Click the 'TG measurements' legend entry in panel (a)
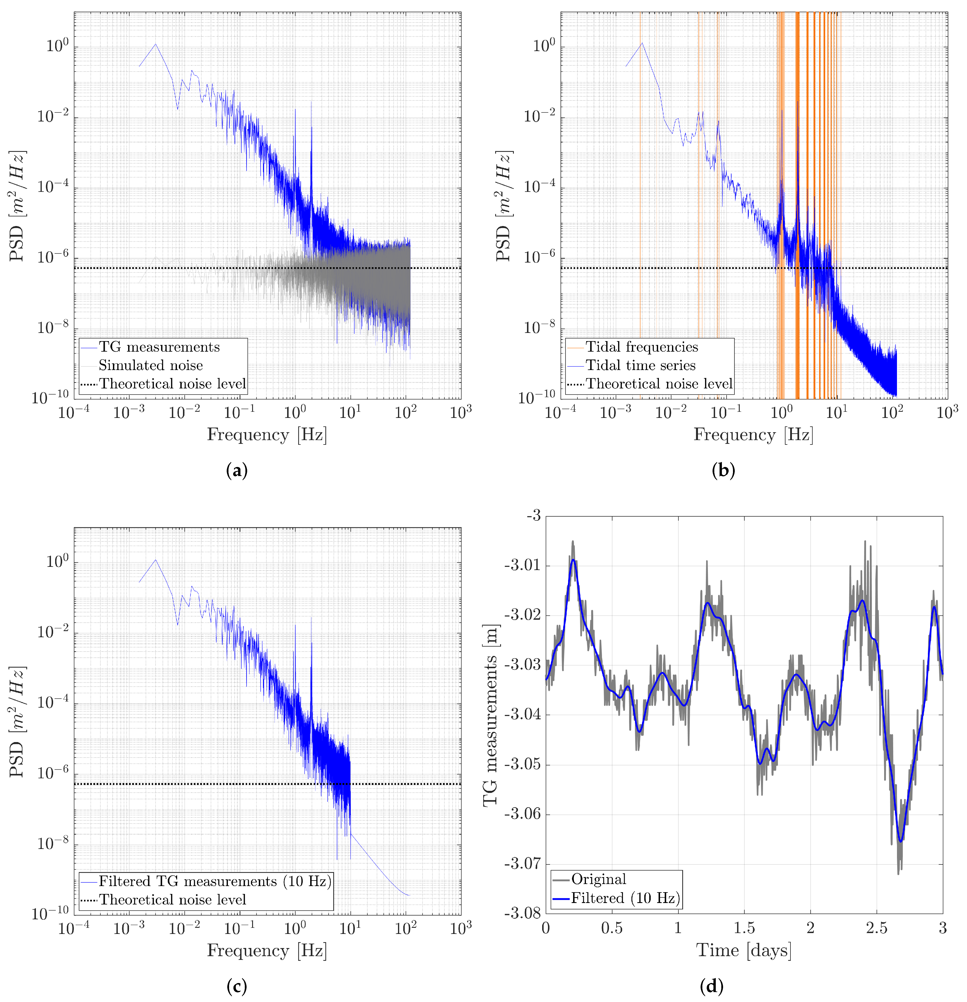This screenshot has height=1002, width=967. [x=159, y=347]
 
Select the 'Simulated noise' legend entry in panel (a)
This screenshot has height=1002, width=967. [x=151, y=366]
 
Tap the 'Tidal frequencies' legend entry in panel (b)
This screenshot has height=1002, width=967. [x=642, y=347]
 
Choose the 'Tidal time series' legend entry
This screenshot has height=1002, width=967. [x=640, y=366]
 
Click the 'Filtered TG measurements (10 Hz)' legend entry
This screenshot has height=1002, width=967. [x=214, y=881]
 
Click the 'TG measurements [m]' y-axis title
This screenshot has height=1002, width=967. [x=491, y=716]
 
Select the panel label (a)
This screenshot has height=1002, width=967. [x=237, y=470]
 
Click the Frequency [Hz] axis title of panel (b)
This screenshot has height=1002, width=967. [x=753, y=435]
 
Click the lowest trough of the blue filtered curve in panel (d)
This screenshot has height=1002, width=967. [x=900, y=841]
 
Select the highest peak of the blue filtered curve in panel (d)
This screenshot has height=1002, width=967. [x=573, y=560]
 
